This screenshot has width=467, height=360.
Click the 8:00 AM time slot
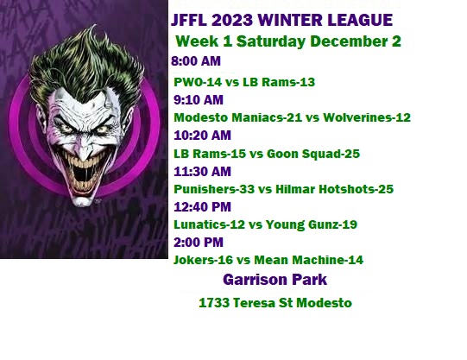point(196,61)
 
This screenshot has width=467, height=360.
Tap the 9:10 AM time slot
point(199,100)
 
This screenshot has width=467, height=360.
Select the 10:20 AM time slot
point(202,136)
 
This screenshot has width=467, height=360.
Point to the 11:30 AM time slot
point(202,172)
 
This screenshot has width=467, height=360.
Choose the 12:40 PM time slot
point(202,207)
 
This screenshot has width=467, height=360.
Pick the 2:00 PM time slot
point(199,242)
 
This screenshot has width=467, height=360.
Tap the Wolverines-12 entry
point(367,117)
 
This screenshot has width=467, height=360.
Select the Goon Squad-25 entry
point(313,154)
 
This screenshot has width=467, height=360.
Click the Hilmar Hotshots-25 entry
point(334,189)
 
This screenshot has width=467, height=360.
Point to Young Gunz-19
point(312,224)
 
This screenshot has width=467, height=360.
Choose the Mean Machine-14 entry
point(308,260)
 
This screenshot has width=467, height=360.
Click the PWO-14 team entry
point(198,82)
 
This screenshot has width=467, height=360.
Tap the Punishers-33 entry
point(214,189)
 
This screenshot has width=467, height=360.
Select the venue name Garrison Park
point(275,280)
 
